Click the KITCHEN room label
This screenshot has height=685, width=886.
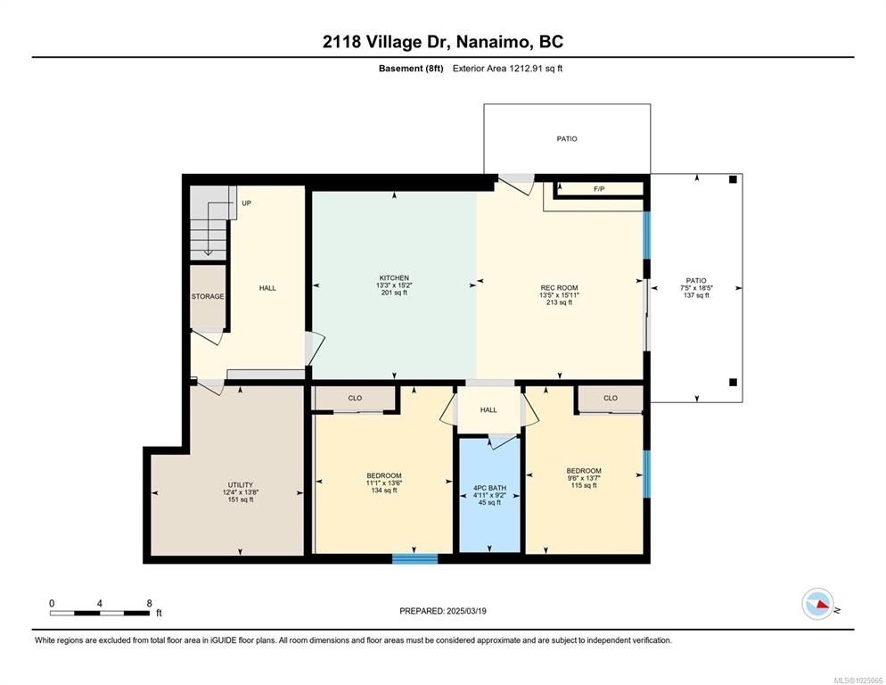394,277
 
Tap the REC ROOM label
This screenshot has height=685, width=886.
559,288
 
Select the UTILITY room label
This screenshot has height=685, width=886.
240,484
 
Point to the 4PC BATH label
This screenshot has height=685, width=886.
489,488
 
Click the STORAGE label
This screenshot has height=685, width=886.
208,296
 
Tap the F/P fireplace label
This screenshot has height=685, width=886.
599,189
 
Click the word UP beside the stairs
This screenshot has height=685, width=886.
246,203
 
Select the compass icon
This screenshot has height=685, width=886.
818,604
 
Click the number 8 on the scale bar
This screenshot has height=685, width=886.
149,603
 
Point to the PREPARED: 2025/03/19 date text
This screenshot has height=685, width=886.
442,611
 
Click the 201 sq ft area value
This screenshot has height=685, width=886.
394,293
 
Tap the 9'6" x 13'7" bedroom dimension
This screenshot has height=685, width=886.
584,478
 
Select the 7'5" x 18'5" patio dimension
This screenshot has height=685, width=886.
696,287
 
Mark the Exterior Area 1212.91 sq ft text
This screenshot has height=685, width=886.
507,69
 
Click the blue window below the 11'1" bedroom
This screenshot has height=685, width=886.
414,559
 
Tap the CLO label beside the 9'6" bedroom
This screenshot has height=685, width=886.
611,398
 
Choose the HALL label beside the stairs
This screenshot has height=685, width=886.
267,288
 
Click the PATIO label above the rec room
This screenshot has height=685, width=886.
567,138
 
